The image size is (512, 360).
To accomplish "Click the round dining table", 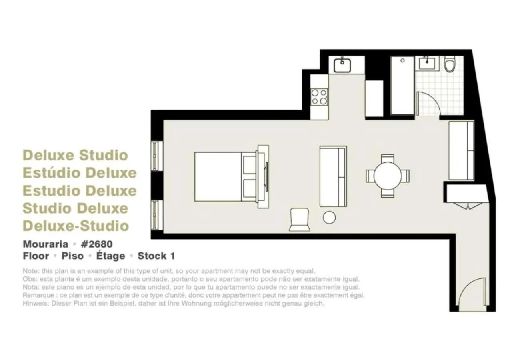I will tap(388, 176).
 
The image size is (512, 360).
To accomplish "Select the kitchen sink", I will tap(342, 65).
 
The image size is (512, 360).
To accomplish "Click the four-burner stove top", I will tap(319, 96).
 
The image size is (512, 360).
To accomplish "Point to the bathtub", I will tap(402, 85).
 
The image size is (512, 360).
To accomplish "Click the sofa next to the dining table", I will tap(333, 176).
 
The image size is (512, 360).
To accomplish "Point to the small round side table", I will tap(330, 217).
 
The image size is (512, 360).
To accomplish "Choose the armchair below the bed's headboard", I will tap(300, 220).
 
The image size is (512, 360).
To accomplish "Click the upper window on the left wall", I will tap(156, 156).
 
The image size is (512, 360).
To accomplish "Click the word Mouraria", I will tap(45, 244).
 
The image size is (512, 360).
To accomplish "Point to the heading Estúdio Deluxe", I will tap(80, 173).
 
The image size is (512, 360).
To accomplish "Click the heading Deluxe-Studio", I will tap(76, 226).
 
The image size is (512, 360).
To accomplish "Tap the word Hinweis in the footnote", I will tap(32, 304).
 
